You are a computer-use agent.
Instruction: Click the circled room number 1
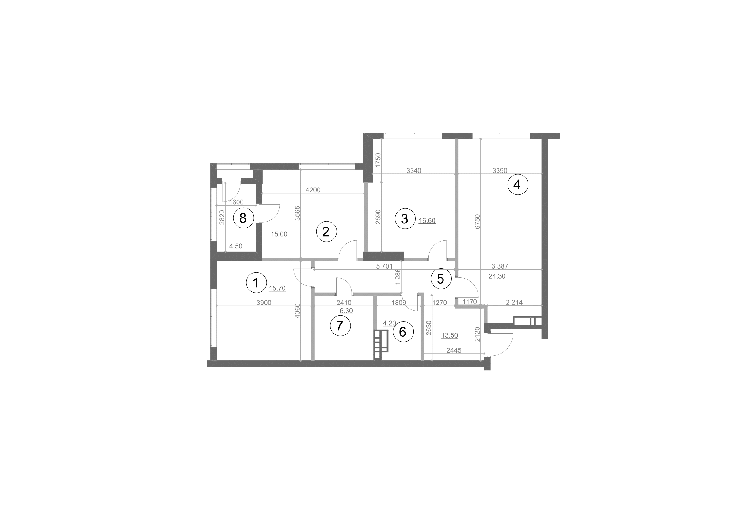256,282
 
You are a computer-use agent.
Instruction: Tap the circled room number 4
518,184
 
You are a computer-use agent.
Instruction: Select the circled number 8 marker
243,218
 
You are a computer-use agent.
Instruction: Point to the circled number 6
403,332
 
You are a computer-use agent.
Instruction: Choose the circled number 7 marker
340,326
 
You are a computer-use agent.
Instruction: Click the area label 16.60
427,221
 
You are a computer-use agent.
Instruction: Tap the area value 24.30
497,276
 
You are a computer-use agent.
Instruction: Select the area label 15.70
277,289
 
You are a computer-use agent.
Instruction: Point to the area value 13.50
449,335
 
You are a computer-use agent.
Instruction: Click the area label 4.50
236,246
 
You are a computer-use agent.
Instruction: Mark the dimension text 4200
313,190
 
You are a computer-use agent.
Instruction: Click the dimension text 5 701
384,266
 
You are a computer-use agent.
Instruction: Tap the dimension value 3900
264,303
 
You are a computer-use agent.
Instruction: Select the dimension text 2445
454,350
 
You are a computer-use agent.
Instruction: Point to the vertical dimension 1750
378,160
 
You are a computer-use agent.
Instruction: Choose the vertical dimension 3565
297,213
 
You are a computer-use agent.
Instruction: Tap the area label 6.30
346,311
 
